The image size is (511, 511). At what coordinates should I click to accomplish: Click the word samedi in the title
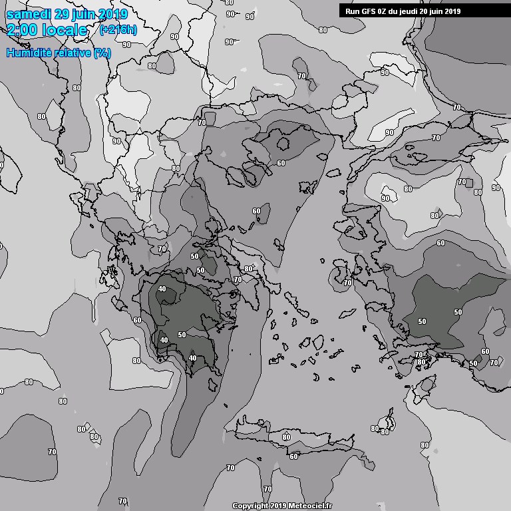[27, 14]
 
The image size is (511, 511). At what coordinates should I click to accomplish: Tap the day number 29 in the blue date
[61, 14]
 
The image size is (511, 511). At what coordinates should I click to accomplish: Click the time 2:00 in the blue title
[23, 30]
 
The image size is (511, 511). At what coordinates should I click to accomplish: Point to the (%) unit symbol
[102, 52]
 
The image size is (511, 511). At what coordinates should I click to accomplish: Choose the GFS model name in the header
[367, 11]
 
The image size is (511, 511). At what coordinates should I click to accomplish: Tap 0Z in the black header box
[382, 11]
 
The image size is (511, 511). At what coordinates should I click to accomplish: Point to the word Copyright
[250, 506]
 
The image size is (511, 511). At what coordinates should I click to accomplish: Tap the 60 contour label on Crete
[293, 456]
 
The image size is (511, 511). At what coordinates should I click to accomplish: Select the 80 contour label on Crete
[286, 437]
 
